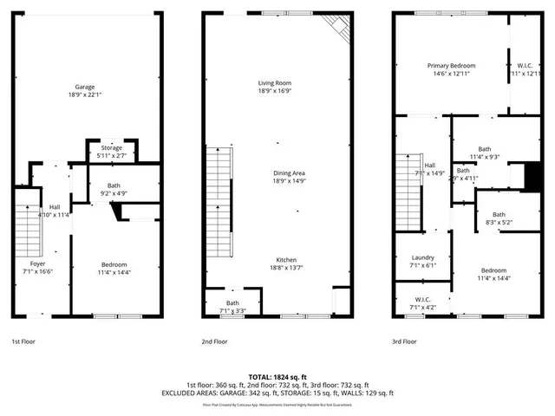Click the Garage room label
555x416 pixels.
click(x=84, y=87)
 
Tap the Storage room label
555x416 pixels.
click(x=111, y=148)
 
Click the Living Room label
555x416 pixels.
click(x=274, y=83)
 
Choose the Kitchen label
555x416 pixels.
click(x=274, y=260)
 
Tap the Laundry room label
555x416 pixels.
click(x=422, y=257)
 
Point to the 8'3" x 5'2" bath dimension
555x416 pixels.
click(x=499, y=223)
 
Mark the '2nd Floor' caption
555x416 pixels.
click(x=214, y=341)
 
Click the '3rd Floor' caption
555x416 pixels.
click(x=404, y=341)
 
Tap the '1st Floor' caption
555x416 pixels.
click(x=24, y=341)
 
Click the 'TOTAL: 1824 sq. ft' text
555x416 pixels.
click(x=277, y=377)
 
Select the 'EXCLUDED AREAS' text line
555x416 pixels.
click(x=277, y=393)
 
